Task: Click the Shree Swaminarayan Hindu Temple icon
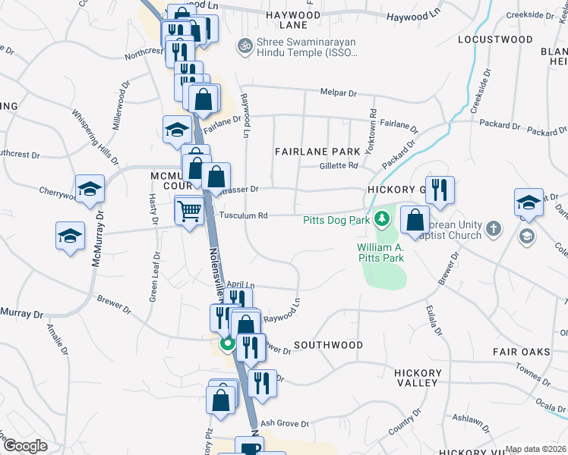point(245,45)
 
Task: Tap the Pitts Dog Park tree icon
point(382,220)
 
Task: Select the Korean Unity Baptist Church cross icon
point(493,228)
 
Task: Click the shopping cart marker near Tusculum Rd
point(189,212)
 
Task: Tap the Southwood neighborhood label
point(328,345)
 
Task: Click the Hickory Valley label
point(418,378)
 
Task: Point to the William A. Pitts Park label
point(381,253)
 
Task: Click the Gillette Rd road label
point(338,165)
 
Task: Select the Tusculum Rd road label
point(244,215)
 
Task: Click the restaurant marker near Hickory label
point(439,190)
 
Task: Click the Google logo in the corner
point(25,446)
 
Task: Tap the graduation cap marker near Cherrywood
point(89,189)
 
